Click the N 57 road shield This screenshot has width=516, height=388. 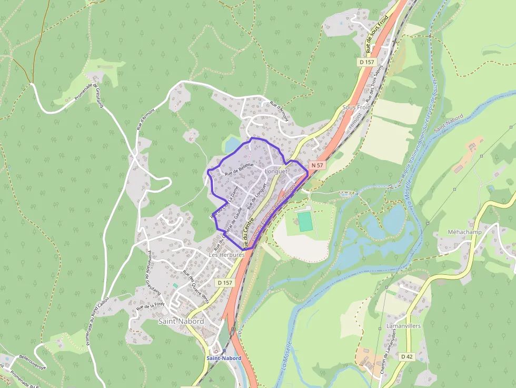click(317, 165)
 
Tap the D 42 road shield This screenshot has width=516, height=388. click(406, 356)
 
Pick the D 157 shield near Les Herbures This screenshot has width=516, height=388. click(224, 283)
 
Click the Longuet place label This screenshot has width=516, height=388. click(276, 172)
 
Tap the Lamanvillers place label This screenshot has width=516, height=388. click(403, 326)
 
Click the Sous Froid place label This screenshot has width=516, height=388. click(356, 107)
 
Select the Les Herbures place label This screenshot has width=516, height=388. click(227, 255)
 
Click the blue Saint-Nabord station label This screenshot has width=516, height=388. click(224, 358)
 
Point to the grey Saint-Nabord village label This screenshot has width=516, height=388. click(181, 321)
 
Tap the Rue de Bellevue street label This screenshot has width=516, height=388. click(239, 170)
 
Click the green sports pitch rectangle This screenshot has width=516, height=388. click(305, 221)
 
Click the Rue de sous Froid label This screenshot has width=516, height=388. click(377, 35)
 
